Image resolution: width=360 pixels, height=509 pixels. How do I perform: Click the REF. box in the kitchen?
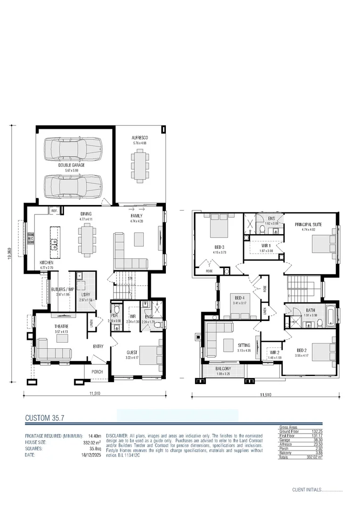[x=54, y=211]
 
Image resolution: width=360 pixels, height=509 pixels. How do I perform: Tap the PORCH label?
[x=98, y=371]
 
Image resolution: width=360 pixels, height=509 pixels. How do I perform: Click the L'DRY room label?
[x=85, y=295]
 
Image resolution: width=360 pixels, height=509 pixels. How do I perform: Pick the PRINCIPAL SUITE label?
[x=309, y=225]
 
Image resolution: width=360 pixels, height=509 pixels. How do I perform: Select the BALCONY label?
[x=223, y=368]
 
